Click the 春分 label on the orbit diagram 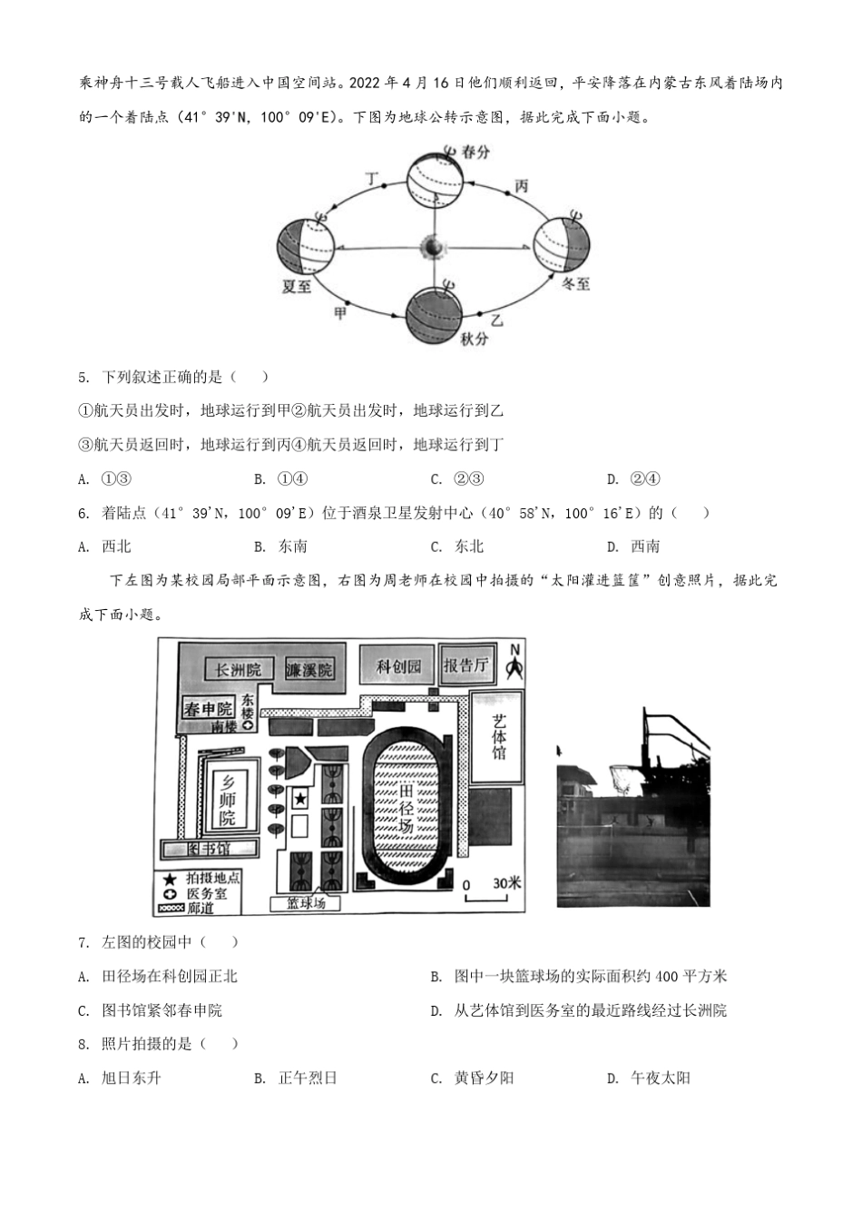tap(476, 152)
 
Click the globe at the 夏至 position tap(305, 246)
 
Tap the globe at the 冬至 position tap(561, 245)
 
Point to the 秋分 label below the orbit tap(474, 339)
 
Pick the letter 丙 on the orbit tap(521, 186)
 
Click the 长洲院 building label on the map tap(238, 670)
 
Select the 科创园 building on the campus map tap(399, 667)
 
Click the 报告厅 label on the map tap(466, 666)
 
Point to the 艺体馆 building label tap(498, 736)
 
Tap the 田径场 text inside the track tap(406, 808)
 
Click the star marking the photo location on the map tap(299, 799)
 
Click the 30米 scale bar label tap(506, 883)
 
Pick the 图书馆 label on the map tap(210, 849)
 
